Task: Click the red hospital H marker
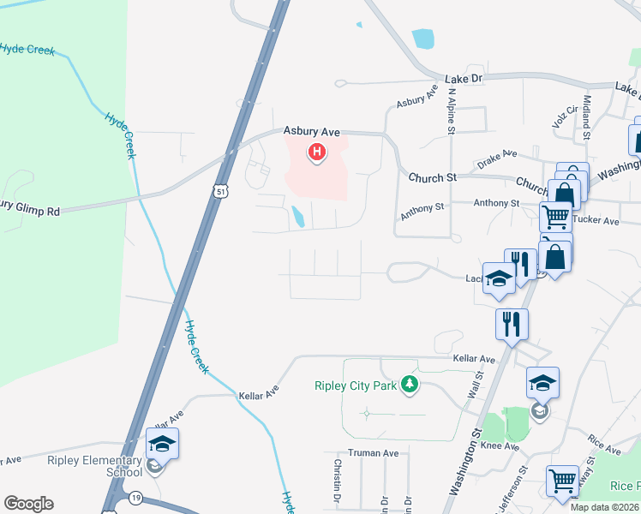point(317,153)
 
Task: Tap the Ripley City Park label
point(354,386)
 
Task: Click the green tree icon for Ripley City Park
point(410,385)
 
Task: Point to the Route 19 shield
point(136,497)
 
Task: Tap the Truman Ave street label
point(373,453)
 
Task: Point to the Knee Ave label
point(500,446)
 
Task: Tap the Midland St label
point(587,117)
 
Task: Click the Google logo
point(28,504)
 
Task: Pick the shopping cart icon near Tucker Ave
point(555,218)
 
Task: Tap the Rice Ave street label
point(605,445)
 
